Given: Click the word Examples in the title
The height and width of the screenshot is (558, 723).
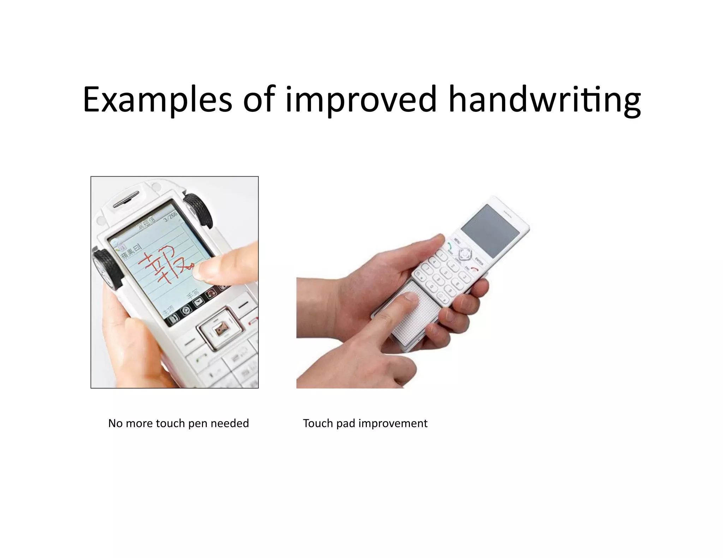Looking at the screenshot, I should (157, 100).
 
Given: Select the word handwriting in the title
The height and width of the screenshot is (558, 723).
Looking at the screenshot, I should (544, 100).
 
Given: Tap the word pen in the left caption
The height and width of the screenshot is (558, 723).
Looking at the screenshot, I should (197, 423).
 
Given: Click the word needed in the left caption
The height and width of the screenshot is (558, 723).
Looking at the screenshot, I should (230, 423).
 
